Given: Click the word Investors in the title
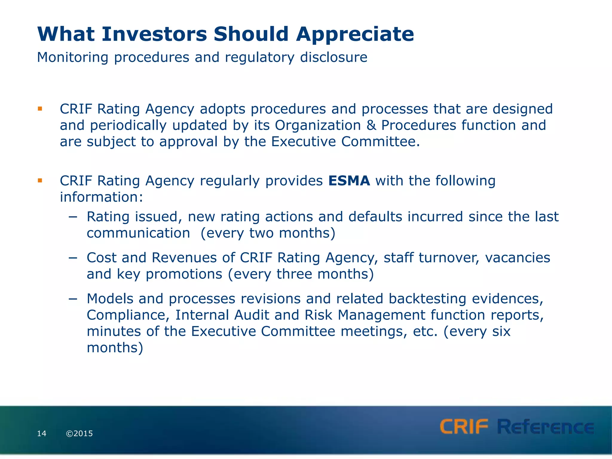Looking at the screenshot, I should click(x=154, y=34).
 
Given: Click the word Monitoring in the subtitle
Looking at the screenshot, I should click(x=72, y=57).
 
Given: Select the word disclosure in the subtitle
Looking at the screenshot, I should click(x=333, y=57).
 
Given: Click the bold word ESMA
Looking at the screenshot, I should click(x=349, y=181).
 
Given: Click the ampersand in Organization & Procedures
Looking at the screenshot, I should click(x=371, y=126).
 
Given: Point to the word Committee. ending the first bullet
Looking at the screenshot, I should click(x=380, y=142).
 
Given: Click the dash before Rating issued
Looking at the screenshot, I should click(x=73, y=217).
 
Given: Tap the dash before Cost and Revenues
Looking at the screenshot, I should click(x=73, y=258).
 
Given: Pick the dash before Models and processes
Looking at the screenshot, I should click(x=73, y=299).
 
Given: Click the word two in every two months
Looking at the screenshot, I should click(x=261, y=233).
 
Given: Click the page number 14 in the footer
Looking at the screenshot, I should click(x=42, y=434).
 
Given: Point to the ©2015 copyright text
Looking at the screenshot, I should click(x=79, y=434).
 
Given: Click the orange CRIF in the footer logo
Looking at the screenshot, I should click(x=464, y=427).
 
